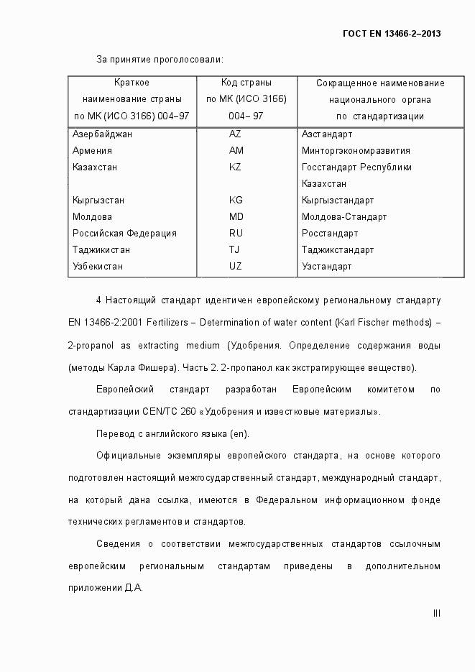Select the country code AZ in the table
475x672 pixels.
tap(236, 134)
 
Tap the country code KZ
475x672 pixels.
tap(236, 167)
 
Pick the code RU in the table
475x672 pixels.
tap(236, 234)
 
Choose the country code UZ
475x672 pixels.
tap(236, 267)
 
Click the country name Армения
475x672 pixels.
tap(92, 151)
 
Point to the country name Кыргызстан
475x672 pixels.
tap(98, 201)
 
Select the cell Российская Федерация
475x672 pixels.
tap(124, 234)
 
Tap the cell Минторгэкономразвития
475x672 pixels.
tap(356, 151)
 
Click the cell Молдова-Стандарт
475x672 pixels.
tap(344, 217)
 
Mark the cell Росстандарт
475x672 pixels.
tap(330, 234)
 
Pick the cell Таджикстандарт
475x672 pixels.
tap(338, 250)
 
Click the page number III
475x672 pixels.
tap(436, 613)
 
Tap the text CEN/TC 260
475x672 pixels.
tap(162, 413)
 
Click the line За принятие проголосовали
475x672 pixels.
tap(160, 58)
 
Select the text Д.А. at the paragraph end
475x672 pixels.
tap(134, 588)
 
